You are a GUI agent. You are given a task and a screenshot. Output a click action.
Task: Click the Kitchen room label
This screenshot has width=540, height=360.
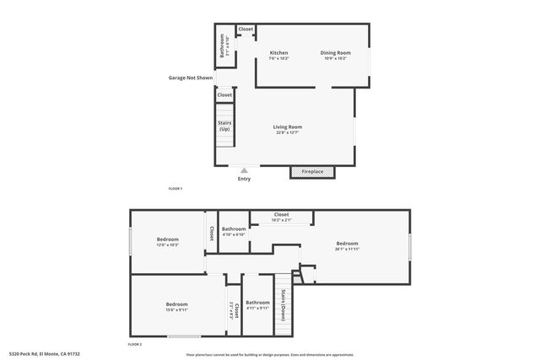pos(279,53)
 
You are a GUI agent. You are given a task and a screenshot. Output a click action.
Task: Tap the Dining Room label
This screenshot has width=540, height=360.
pos(337,53)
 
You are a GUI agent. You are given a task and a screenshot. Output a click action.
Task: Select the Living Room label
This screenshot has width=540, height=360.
pos(287,127)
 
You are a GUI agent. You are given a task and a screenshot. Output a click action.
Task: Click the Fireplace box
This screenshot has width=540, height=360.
pos(312,172)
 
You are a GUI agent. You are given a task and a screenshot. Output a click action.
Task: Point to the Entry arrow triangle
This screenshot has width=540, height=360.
pos(245,169)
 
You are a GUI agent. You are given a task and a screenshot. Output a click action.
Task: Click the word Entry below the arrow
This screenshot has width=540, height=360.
pos(244,179)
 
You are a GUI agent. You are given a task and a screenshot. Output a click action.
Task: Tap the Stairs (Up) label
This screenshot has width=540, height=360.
pos(224,126)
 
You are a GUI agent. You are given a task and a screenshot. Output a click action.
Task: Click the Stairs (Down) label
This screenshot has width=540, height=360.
pos(283,299)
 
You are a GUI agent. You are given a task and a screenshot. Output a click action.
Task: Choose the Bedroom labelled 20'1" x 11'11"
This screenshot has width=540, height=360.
pos(347,244)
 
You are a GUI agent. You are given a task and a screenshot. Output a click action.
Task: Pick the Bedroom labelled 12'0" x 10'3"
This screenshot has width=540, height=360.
pos(167,240)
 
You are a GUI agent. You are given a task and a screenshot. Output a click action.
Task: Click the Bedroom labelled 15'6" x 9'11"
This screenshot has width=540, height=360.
pos(176,304)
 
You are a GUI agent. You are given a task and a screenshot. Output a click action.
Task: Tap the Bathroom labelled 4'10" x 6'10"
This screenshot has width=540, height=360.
pos(234,229)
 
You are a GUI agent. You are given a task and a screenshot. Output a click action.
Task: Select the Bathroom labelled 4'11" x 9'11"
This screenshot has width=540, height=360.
pos(257,303)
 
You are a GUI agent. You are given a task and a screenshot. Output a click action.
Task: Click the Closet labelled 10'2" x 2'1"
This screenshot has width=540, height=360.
pos(282,215)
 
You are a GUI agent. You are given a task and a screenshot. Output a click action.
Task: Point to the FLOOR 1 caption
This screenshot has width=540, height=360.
pos(175,189)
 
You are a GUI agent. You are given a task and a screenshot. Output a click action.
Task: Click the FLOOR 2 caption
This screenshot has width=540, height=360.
pos(135,345)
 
